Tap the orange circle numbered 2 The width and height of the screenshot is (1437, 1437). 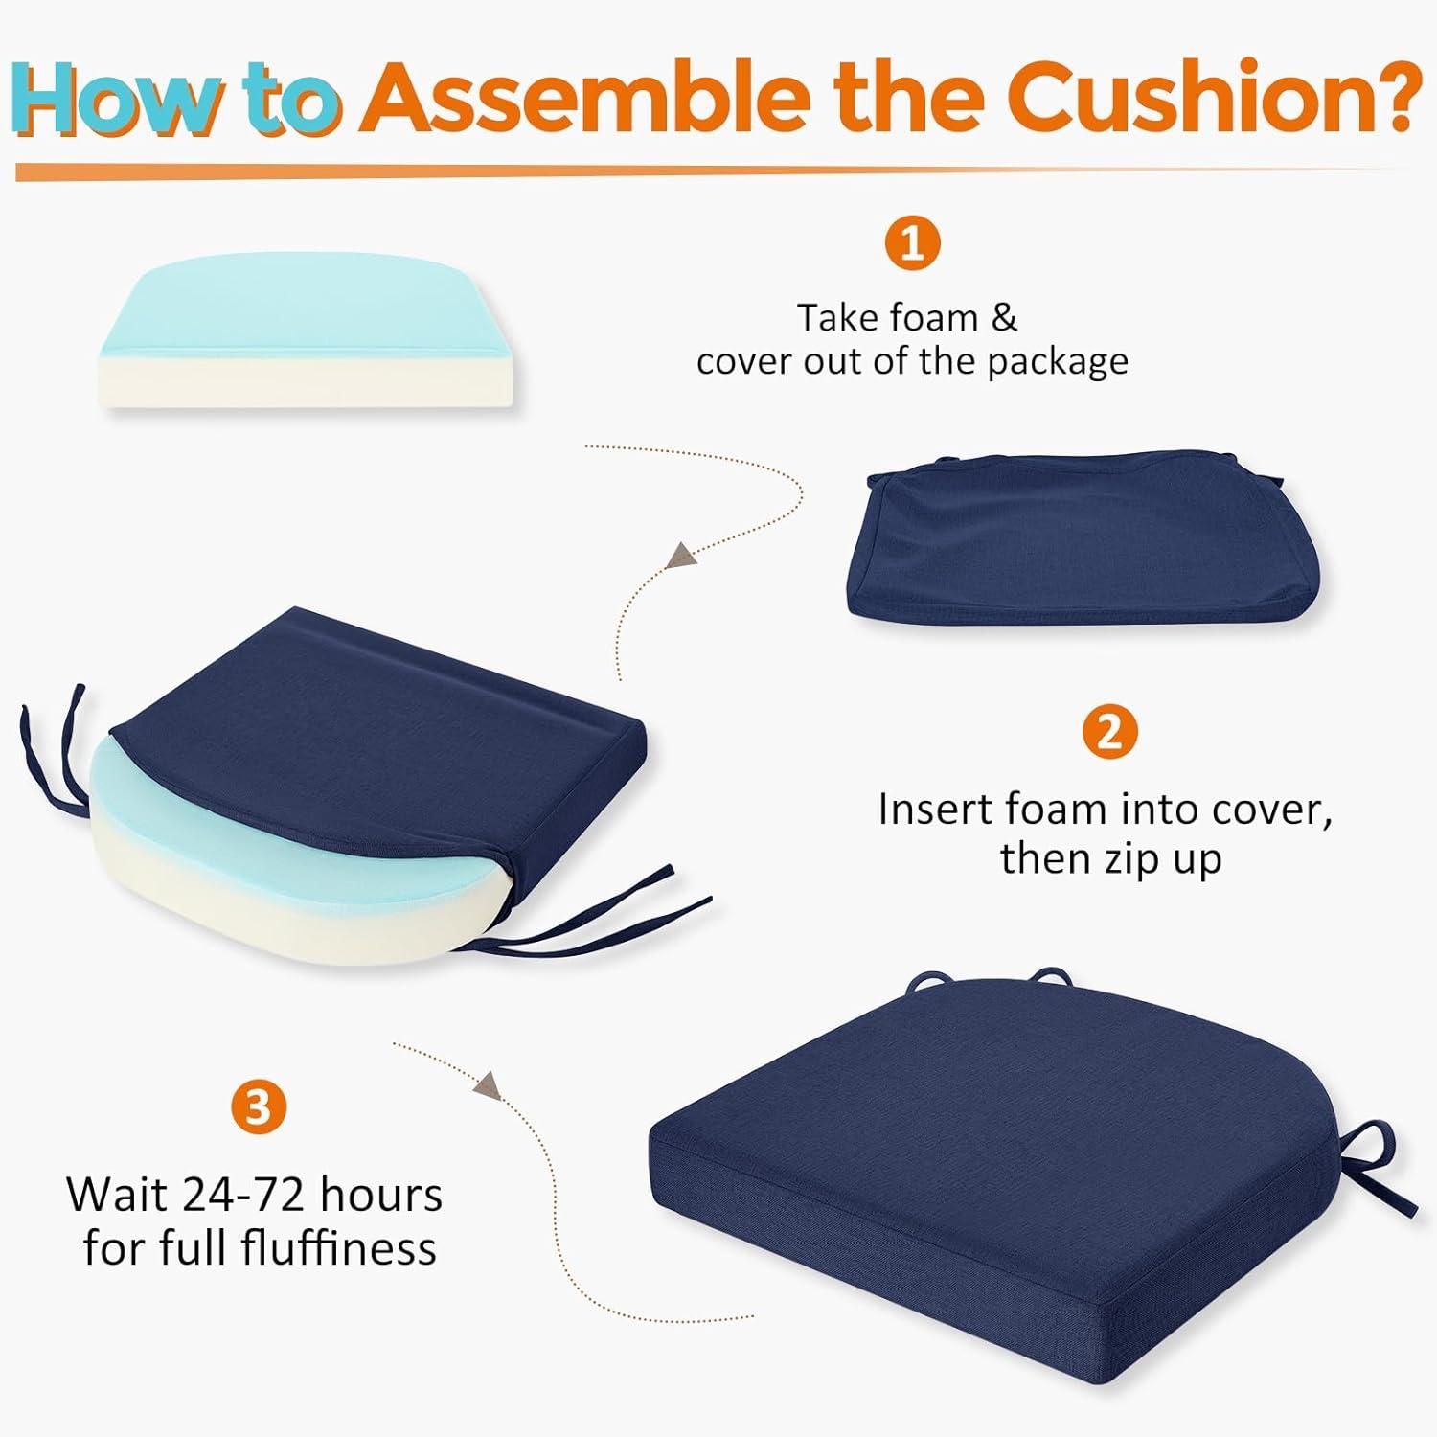[x=1109, y=732]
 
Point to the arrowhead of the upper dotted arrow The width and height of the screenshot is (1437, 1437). [x=679, y=557]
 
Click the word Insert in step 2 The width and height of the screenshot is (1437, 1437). [x=936, y=810]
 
